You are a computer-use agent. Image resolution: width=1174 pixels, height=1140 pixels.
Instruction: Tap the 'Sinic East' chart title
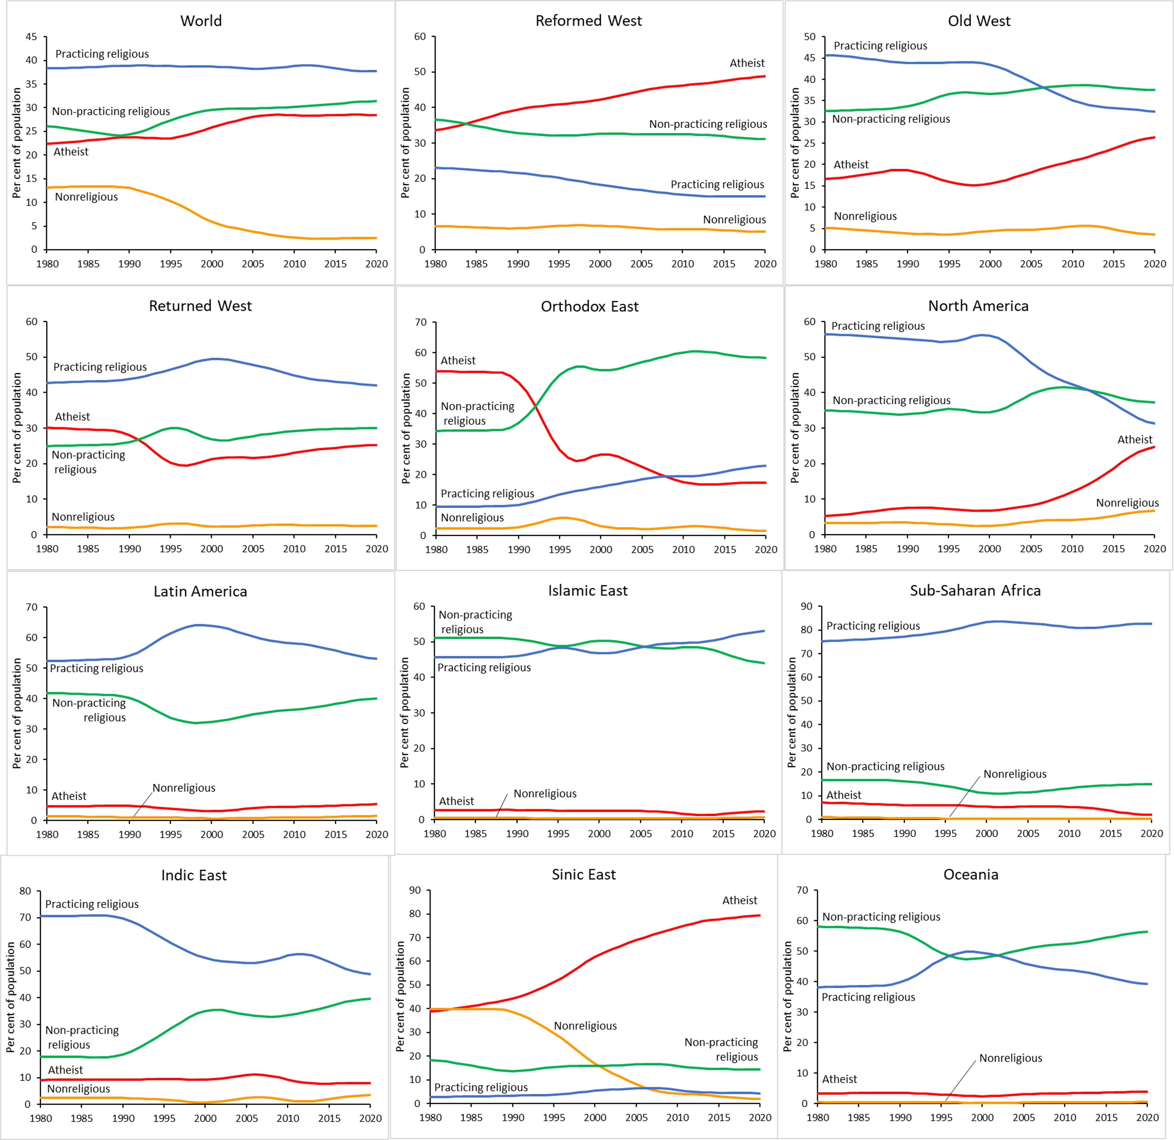584,875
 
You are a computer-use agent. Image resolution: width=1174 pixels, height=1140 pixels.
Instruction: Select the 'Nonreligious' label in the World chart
86,197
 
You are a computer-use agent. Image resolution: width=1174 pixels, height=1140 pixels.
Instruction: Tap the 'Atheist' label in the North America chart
1135,440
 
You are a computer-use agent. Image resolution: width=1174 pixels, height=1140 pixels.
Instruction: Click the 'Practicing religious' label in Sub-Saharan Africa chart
873,626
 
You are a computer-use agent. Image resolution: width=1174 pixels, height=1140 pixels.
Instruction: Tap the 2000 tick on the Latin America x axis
211,835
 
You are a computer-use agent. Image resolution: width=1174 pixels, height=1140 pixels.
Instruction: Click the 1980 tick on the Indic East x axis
41,1118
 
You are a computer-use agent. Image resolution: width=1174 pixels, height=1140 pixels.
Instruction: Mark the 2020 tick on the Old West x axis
1154,264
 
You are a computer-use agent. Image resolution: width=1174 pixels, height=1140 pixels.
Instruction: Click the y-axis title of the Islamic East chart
404,713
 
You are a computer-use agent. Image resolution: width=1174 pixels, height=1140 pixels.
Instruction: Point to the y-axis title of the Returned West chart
17,428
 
